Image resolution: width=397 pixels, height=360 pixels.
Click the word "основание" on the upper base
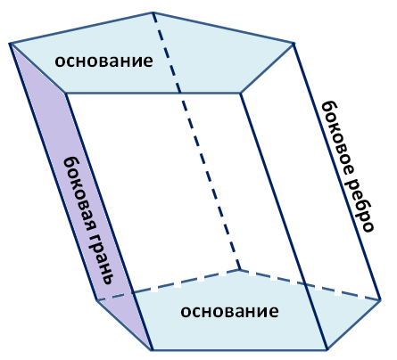click(x=103, y=61)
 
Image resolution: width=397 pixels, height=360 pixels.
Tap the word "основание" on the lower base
click(x=229, y=311)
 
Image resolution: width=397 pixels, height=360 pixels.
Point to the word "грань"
click(x=101, y=258)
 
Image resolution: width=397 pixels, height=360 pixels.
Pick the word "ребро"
click(x=360, y=206)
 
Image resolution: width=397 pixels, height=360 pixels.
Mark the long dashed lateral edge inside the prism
click(x=196, y=141)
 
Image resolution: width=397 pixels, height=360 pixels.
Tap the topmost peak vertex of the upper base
click(x=153, y=12)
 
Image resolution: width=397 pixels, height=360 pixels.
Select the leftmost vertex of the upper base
click(x=10, y=44)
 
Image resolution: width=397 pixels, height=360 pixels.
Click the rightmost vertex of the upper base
click(x=294, y=44)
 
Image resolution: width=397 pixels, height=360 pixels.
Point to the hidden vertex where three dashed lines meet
click(x=240, y=270)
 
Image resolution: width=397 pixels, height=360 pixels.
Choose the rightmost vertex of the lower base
click(x=380, y=300)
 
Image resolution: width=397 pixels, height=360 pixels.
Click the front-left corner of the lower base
click(x=152, y=350)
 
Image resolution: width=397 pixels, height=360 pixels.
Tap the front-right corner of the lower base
click(x=327, y=350)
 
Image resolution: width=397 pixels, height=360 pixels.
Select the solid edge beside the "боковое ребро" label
click(x=337, y=172)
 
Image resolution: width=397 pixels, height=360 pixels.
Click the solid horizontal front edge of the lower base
click(x=240, y=350)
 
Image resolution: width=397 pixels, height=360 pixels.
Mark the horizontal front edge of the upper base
click(x=153, y=94)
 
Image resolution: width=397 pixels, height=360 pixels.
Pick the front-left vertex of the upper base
click(x=65, y=94)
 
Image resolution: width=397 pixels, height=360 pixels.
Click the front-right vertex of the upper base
click(x=241, y=94)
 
